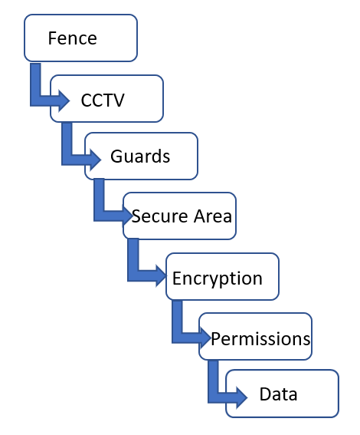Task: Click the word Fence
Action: point(73,38)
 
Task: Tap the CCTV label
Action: point(103,101)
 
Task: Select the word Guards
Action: point(140,156)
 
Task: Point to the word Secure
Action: point(160,216)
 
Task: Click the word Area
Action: point(213,216)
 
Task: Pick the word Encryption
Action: point(218,278)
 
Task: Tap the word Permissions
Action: point(260,339)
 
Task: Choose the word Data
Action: point(278,394)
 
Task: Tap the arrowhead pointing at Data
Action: point(242,397)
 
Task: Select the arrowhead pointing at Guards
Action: point(96,160)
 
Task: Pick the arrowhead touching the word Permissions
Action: point(206,338)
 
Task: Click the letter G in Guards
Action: point(116,156)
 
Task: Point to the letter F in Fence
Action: point(52,38)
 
